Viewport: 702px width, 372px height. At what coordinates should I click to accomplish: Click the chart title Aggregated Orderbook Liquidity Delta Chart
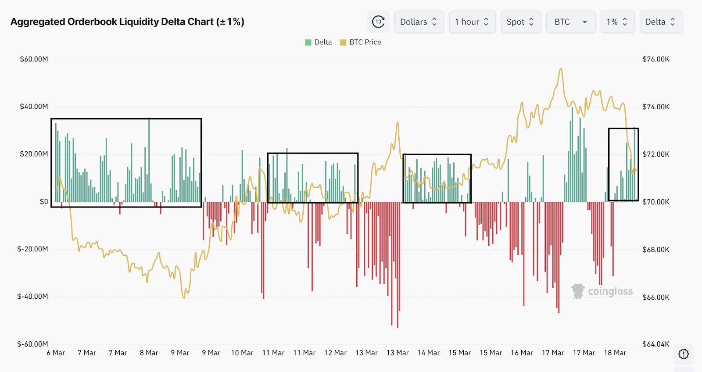pos(127,22)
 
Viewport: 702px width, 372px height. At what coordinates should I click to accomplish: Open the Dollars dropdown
pos(419,22)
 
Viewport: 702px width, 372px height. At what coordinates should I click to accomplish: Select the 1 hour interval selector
pos(472,22)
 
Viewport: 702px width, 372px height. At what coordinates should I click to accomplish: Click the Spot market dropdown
pos(520,22)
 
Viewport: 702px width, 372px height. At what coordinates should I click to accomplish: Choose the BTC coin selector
pos(570,22)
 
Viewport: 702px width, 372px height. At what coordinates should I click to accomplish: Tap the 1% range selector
pos(617,22)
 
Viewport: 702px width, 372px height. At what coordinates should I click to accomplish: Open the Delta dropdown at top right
pos(660,22)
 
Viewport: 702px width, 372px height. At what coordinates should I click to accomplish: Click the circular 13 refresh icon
pos(378,22)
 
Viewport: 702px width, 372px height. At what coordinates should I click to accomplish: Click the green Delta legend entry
pos(319,42)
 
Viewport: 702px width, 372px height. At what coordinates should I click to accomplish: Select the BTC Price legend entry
pos(361,42)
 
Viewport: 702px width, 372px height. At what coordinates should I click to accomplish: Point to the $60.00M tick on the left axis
pos(34,59)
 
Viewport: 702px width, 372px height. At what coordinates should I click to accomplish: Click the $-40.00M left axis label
pos(32,297)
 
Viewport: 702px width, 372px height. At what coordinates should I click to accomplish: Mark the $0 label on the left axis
pos(44,202)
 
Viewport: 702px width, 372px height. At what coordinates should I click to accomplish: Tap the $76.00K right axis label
pos(656,59)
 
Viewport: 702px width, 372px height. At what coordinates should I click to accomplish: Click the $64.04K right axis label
pos(656,344)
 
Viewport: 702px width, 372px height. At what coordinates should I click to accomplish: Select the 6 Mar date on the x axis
pos(56,353)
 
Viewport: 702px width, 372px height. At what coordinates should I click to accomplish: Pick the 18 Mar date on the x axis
pos(615,353)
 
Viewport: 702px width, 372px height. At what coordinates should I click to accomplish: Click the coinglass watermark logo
pos(602,291)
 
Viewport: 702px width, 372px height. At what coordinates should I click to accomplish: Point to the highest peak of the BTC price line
pos(560,69)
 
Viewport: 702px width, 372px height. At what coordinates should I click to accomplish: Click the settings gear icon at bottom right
pos(683,354)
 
